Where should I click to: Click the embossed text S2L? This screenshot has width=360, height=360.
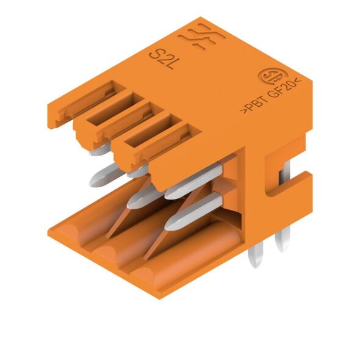[x=161, y=59]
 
